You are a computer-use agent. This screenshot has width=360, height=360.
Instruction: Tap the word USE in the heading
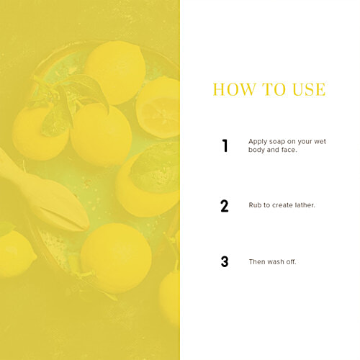309,89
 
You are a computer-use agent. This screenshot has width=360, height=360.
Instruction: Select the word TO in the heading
274,89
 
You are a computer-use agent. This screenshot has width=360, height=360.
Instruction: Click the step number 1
225,145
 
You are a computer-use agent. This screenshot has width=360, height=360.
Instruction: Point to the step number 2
225,206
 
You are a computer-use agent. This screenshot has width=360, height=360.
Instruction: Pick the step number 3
225,261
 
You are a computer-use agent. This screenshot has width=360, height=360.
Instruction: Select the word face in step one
289,150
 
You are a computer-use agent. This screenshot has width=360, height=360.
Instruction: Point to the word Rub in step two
255,205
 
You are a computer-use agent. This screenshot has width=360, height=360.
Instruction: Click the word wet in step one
320,142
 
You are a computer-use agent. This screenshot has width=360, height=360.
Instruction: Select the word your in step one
305,142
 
